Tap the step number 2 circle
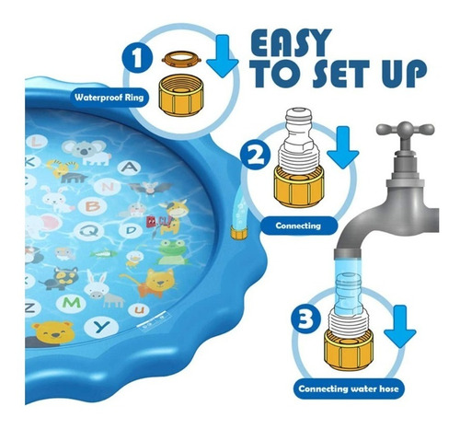[x=256, y=154]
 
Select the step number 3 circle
[x=305, y=318]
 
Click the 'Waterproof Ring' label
[x=109, y=98]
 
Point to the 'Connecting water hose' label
[x=349, y=388]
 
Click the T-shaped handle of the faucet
[x=406, y=130]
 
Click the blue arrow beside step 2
[x=343, y=146]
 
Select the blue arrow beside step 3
[x=400, y=327]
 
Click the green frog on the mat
[x=172, y=252]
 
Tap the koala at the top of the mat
[x=86, y=152]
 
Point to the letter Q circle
[x=89, y=231]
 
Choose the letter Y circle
[x=101, y=327]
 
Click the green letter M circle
[x=72, y=303]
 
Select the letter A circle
[x=130, y=168]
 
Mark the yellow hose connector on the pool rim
[x=239, y=232]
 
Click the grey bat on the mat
[x=150, y=188]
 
